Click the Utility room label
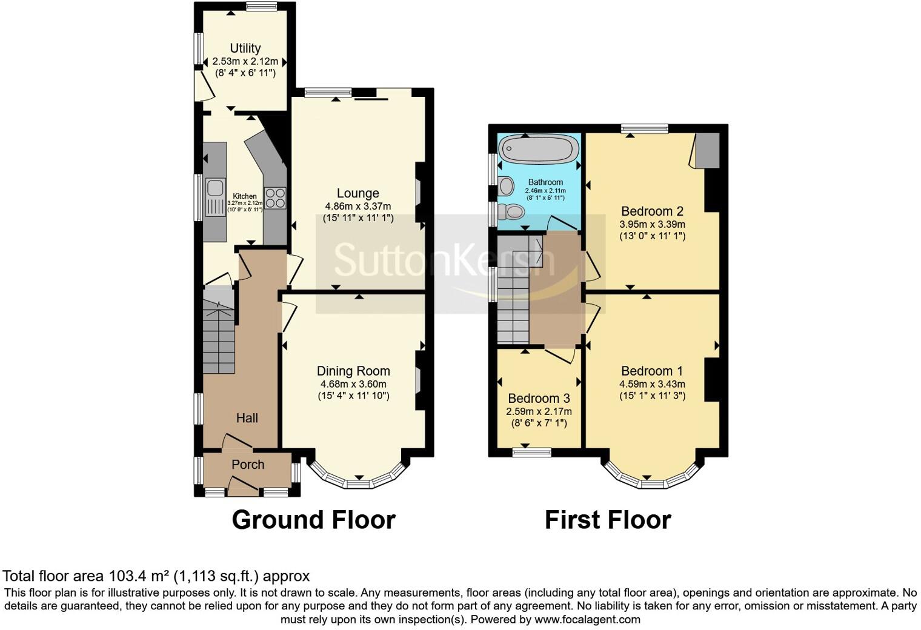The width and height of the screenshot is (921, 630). coord(245,48)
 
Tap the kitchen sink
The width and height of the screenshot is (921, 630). coord(215,197)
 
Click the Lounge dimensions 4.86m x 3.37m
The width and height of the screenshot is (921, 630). coord(357,206)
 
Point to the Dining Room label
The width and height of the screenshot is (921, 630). coord(353,371)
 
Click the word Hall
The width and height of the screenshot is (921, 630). coord(247,417)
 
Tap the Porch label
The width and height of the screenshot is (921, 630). coord(248,465)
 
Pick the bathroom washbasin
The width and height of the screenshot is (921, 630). coord(505,185)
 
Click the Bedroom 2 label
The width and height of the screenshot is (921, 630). coord(652,211)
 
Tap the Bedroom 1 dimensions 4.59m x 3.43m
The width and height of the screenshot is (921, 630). coord(652,383)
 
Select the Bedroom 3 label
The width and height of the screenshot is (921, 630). coord(539,398)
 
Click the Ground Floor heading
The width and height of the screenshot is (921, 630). coord(313,520)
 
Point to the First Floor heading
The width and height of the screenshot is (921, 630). coord(608,520)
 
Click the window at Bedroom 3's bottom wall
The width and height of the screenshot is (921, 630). coord(531,452)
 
